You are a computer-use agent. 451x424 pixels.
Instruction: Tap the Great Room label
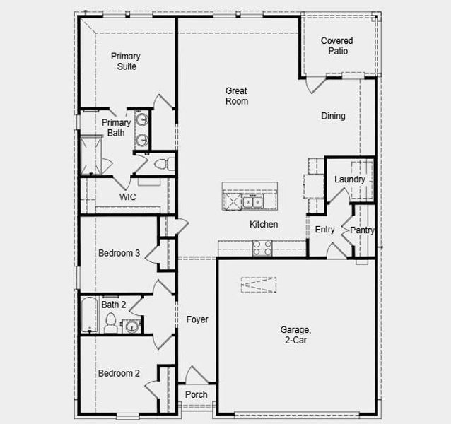(x=237, y=96)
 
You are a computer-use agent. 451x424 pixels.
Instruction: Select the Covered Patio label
(x=336, y=46)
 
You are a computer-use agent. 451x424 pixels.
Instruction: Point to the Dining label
(x=334, y=116)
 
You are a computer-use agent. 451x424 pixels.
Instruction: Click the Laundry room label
(x=350, y=179)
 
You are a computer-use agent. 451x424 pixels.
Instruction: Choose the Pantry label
(x=362, y=230)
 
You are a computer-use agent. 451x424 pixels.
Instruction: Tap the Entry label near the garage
(x=324, y=230)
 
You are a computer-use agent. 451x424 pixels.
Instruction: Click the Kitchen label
(x=264, y=225)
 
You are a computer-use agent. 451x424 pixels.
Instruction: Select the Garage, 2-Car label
(x=295, y=334)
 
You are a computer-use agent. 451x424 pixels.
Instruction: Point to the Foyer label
(x=197, y=320)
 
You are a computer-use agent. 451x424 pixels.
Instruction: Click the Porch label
(x=197, y=394)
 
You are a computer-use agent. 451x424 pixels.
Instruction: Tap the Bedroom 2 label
(x=119, y=373)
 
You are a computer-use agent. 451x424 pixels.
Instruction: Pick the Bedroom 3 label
(x=119, y=253)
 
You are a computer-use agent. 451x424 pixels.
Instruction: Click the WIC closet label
(x=128, y=197)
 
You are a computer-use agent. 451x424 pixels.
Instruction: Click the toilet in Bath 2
(x=110, y=324)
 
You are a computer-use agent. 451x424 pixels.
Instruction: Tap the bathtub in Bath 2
(x=88, y=315)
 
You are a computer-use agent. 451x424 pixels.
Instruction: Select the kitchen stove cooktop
(x=262, y=247)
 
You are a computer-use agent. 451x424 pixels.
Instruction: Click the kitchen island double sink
(x=252, y=203)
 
